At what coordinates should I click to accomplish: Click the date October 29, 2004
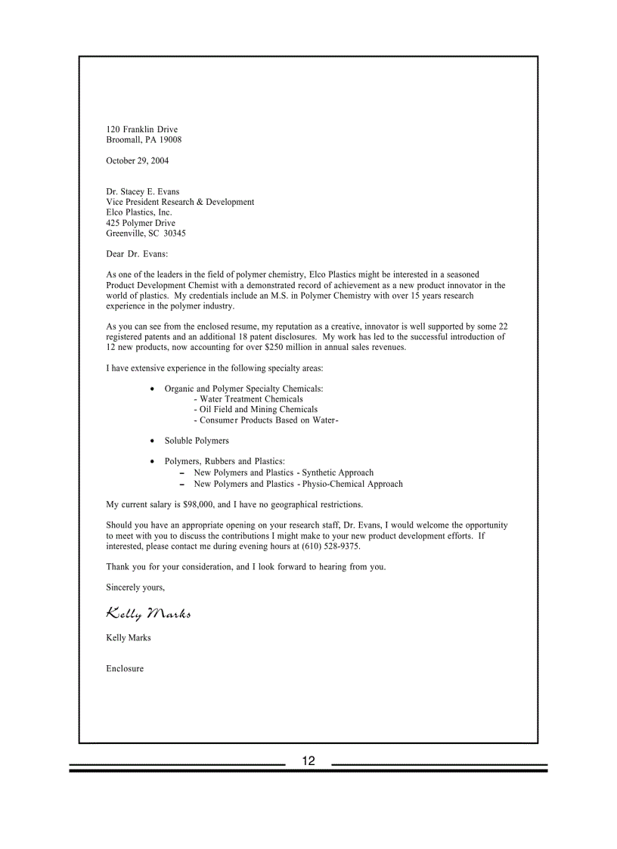click(138, 161)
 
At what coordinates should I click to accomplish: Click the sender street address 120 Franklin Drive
click(142, 130)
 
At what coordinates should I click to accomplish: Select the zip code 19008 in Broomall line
click(170, 140)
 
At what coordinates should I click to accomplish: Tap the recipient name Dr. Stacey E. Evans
click(143, 192)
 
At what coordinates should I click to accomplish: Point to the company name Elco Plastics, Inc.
click(139, 212)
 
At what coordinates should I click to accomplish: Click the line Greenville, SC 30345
click(146, 234)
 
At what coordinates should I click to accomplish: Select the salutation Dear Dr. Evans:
click(137, 254)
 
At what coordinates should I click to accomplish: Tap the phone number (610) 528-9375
click(330, 546)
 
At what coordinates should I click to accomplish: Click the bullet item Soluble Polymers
click(197, 441)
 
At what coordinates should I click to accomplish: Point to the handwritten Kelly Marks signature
click(148, 612)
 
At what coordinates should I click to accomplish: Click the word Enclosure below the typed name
click(125, 669)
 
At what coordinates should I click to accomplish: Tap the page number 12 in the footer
click(308, 761)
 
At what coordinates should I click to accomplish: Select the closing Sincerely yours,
click(135, 587)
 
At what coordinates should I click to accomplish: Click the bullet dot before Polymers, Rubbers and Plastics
click(154, 461)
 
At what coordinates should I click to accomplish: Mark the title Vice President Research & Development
click(180, 203)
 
